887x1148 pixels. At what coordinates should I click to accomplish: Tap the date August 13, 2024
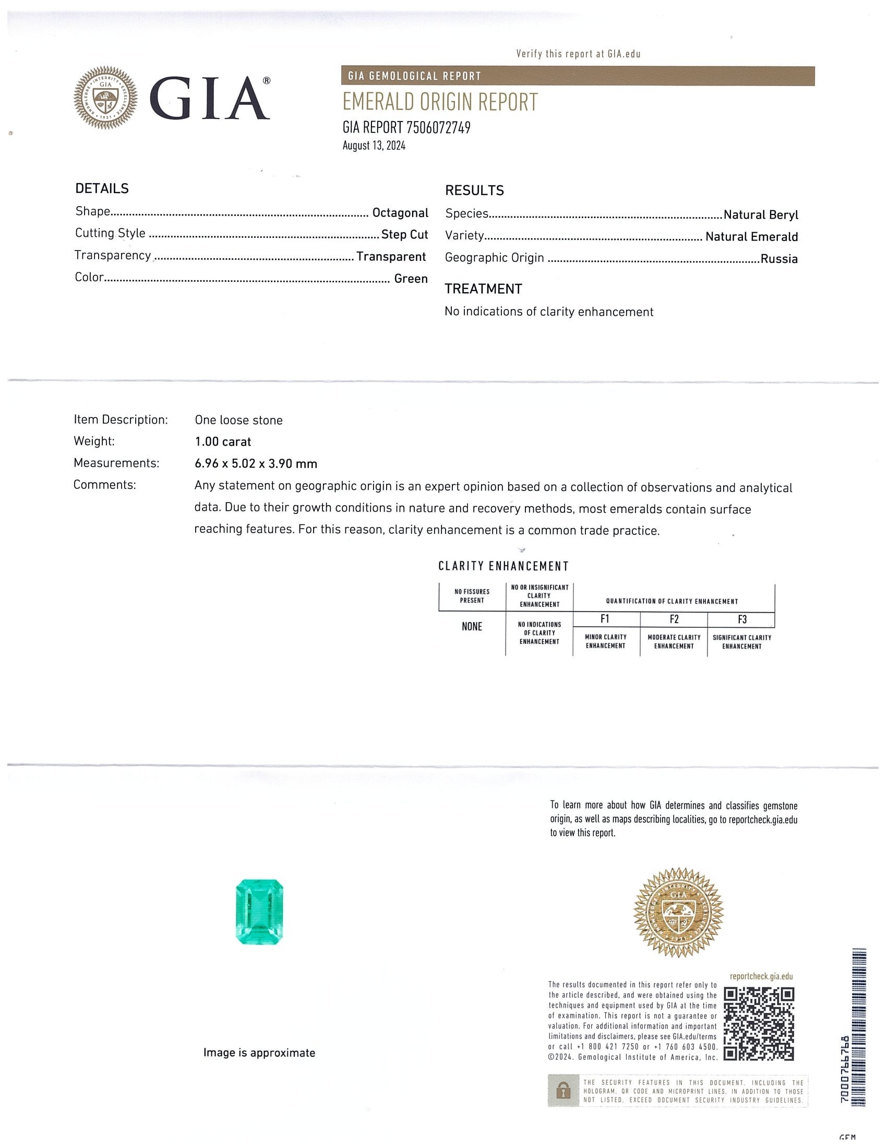point(374,146)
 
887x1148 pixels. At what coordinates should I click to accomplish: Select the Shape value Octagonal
point(400,213)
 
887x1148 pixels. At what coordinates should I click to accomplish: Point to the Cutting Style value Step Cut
point(404,234)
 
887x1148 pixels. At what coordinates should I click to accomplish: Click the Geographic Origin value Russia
point(779,259)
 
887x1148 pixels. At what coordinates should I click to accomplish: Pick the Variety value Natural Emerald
point(751,236)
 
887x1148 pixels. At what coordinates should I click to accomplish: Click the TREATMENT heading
point(483,289)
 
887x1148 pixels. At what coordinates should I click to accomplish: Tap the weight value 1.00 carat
point(223,441)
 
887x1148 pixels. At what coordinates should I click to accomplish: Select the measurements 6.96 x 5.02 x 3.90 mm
point(255,463)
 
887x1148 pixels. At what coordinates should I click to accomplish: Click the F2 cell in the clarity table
point(674,619)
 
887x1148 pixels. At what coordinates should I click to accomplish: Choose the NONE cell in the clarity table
point(471,626)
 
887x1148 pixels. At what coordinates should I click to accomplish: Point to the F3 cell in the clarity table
point(741,619)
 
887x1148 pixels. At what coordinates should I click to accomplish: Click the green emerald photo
point(259,912)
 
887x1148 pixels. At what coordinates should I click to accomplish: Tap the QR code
point(758,1023)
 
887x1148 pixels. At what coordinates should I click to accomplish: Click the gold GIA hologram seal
point(678,913)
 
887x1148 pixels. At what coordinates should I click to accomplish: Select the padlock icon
point(562,1091)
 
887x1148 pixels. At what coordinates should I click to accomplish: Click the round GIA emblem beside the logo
point(105,98)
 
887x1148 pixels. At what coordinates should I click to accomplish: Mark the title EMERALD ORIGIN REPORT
point(440,102)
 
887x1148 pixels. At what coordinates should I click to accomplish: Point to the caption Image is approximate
point(259,1053)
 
